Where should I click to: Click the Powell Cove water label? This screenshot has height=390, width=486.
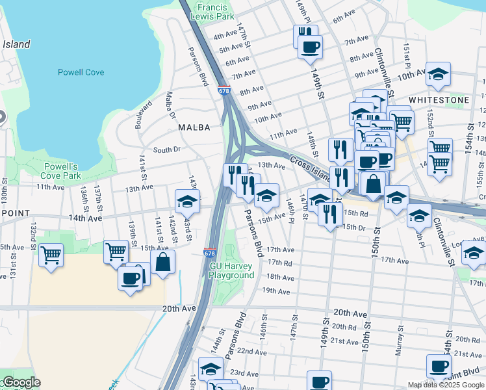click(81, 72)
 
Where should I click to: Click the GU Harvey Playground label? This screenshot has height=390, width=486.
click(231, 271)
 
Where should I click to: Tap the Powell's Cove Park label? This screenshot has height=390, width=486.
click(60, 171)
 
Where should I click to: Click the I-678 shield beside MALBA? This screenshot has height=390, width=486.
click(224, 92)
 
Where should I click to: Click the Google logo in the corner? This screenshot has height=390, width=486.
click(21, 382)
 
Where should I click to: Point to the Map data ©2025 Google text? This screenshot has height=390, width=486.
click(446, 385)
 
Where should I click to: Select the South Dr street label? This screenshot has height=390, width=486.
click(166, 150)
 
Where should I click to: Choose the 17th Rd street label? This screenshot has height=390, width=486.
click(281, 263)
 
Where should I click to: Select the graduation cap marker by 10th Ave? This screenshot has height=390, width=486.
click(439, 74)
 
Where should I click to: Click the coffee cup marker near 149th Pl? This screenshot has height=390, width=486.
click(310, 47)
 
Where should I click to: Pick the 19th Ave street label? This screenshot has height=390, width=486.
click(275, 292)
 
